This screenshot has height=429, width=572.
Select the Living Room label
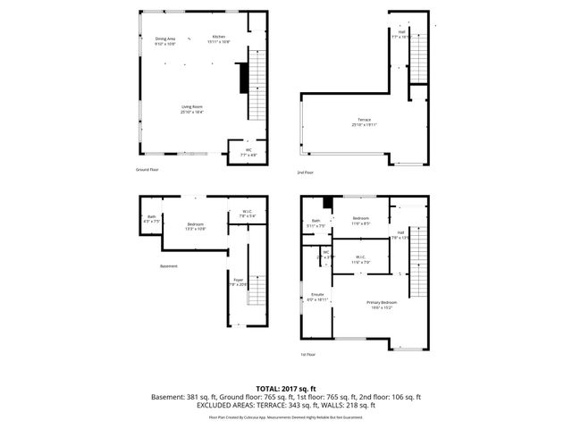point(192,109)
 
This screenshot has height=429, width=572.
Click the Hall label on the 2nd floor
point(400,35)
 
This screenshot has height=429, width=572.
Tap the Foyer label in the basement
point(239,282)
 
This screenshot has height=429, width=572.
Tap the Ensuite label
point(317,296)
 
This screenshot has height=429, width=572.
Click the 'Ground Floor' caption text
point(147,169)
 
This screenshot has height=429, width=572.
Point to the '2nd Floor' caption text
point(306,172)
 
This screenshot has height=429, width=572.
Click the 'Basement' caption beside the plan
point(169,266)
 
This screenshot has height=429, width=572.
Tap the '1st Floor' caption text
point(309,354)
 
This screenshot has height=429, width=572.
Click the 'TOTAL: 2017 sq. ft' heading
point(286,388)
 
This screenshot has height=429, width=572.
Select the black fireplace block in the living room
point(240,77)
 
